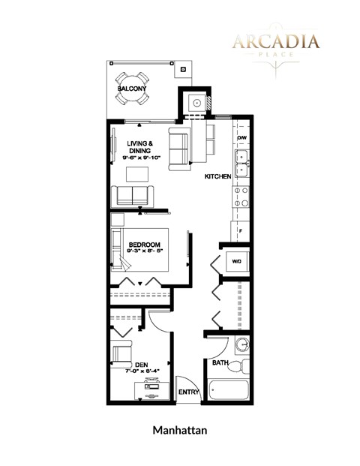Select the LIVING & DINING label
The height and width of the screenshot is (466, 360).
click(140, 147)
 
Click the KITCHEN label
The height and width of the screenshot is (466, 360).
click(217, 176)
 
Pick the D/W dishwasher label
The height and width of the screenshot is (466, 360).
click(241, 139)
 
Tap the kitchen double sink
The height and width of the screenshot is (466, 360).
click(241, 163)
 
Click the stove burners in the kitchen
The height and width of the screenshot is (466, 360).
click(241, 197)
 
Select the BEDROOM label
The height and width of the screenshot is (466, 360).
click(144, 245)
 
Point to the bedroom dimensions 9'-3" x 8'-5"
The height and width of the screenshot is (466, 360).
click(144, 252)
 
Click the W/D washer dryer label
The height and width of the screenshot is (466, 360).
click(236, 262)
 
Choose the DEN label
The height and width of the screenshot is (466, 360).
click(141, 365)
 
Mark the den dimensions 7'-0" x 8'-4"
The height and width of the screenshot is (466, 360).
click(141, 372)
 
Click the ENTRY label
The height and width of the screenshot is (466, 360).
click(188, 392)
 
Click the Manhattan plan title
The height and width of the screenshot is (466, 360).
click(179, 431)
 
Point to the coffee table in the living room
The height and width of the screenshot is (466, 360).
click(136, 174)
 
